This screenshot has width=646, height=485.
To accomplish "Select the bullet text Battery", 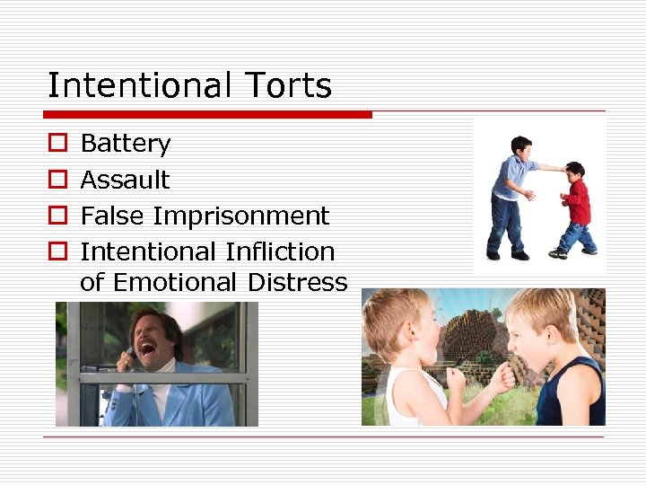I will tap(125, 144).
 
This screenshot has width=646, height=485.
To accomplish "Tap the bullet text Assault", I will tap(125, 180).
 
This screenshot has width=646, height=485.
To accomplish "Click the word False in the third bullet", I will tap(113, 216).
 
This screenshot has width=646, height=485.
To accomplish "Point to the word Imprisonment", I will tap(241, 216).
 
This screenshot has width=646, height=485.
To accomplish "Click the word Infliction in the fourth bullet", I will tap(281, 251).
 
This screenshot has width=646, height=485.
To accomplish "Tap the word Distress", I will tap(297, 282).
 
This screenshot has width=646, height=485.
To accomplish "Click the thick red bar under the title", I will tap(207, 115).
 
